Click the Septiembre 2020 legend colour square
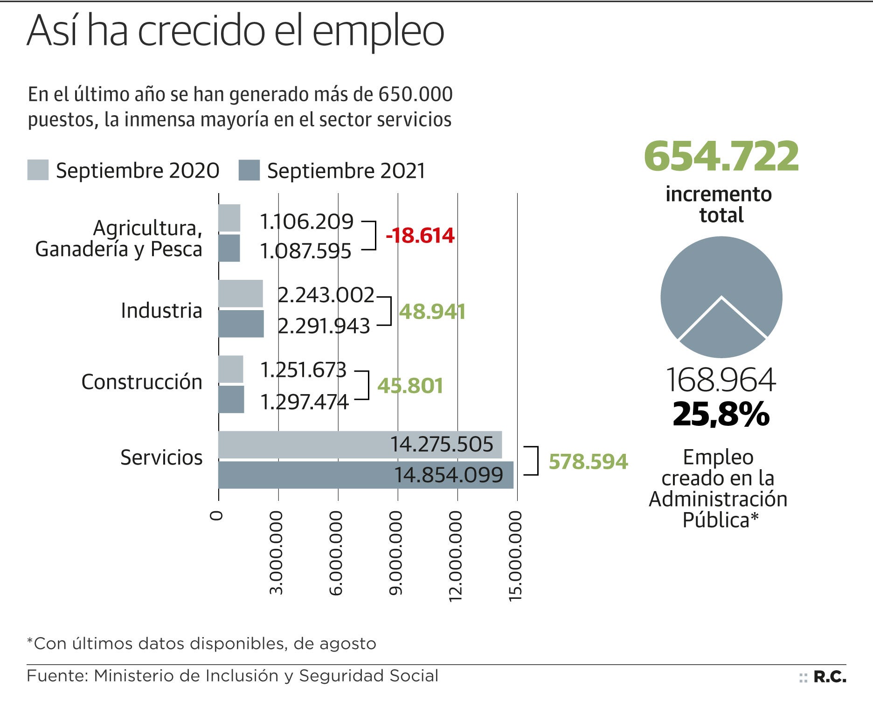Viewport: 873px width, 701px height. pos(38,170)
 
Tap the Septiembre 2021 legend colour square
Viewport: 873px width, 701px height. pos(249,170)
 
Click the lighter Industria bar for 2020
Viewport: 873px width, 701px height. pos(240,294)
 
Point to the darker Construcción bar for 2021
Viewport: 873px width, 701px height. pos(231,399)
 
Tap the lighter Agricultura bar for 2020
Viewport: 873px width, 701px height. pos(229,218)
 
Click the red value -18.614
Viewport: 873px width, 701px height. pos(420,236)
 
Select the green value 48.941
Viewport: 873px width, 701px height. pos(432,312)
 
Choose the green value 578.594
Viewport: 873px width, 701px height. pos(588,462)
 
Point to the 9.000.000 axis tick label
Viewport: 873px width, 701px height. pos(396,553)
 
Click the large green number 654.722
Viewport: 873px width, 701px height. pos(721,156)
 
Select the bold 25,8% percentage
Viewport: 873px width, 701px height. pos(721,414)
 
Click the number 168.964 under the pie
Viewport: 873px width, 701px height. pos(721,380)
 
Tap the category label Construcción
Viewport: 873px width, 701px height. pos(142,382)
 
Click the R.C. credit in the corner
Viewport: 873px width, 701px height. pos(830,677)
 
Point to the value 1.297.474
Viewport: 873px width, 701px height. pos(304,402)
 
